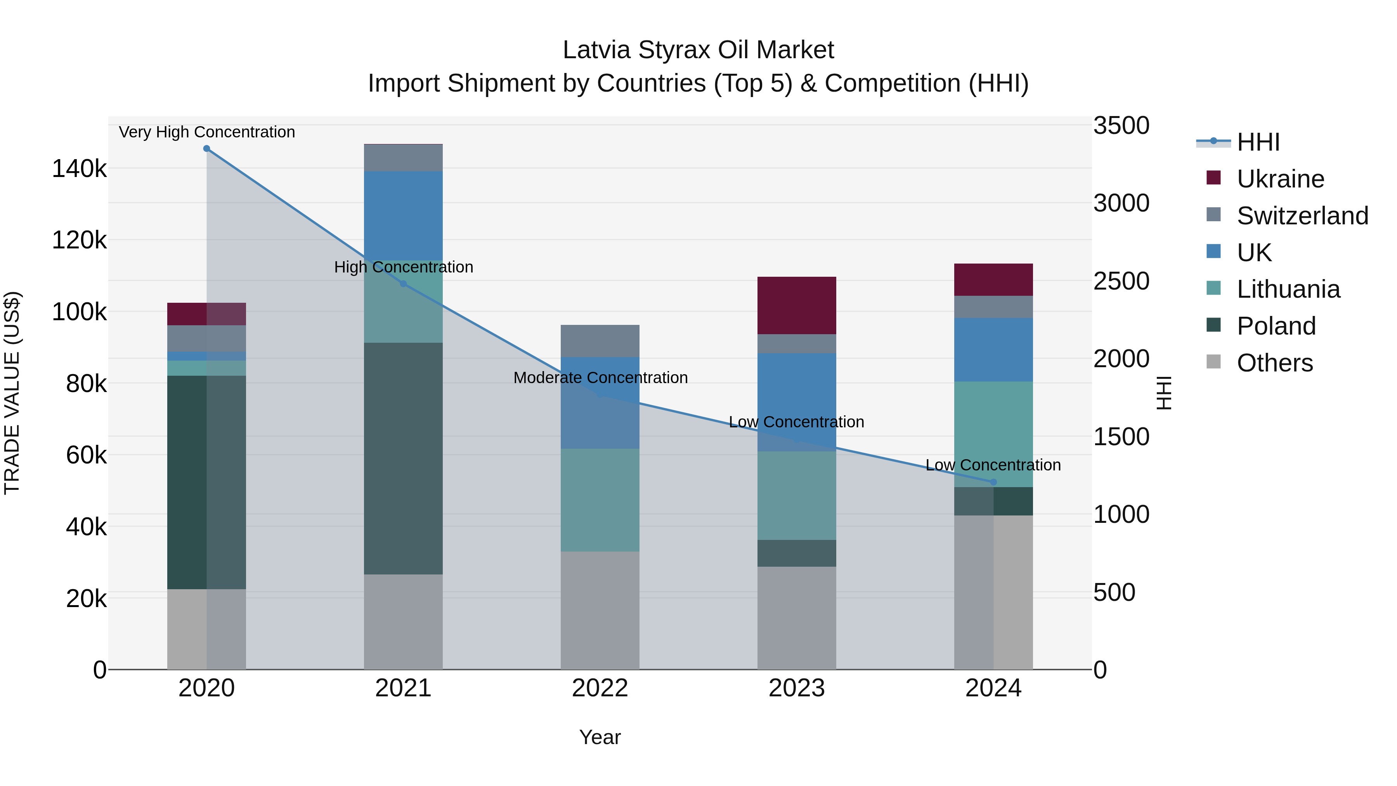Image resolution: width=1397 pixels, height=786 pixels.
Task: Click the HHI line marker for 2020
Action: [206, 149]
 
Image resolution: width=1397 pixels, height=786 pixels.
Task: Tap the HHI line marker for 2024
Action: [993, 482]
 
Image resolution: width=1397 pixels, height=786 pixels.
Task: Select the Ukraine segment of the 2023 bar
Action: [796, 305]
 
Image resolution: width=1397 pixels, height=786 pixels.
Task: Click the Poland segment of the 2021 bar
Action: [403, 458]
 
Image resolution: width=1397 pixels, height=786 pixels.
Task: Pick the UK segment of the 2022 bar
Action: [600, 403]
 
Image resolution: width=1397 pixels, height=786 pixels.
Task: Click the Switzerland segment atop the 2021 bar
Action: [403, 158]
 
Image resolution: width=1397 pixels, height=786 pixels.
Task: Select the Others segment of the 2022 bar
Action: [600, 610]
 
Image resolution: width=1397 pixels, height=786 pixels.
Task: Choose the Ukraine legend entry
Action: [1280, 179]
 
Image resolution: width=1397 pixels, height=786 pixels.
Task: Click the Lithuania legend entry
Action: [1288, 289]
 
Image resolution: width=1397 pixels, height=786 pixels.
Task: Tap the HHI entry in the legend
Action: [1258, 142]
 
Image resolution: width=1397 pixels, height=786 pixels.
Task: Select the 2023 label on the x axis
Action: [796, 688]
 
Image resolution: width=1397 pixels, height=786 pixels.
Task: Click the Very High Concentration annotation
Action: [206, 132]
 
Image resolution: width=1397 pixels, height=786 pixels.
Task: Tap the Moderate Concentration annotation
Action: [600, 378]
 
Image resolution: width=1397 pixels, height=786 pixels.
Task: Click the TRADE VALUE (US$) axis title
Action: [12, 393]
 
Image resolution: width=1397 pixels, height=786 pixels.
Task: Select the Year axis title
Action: [600, 737]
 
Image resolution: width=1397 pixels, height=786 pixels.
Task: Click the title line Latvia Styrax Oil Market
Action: [698, 50]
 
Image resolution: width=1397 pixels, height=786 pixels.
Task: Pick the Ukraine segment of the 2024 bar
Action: [993, 279]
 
